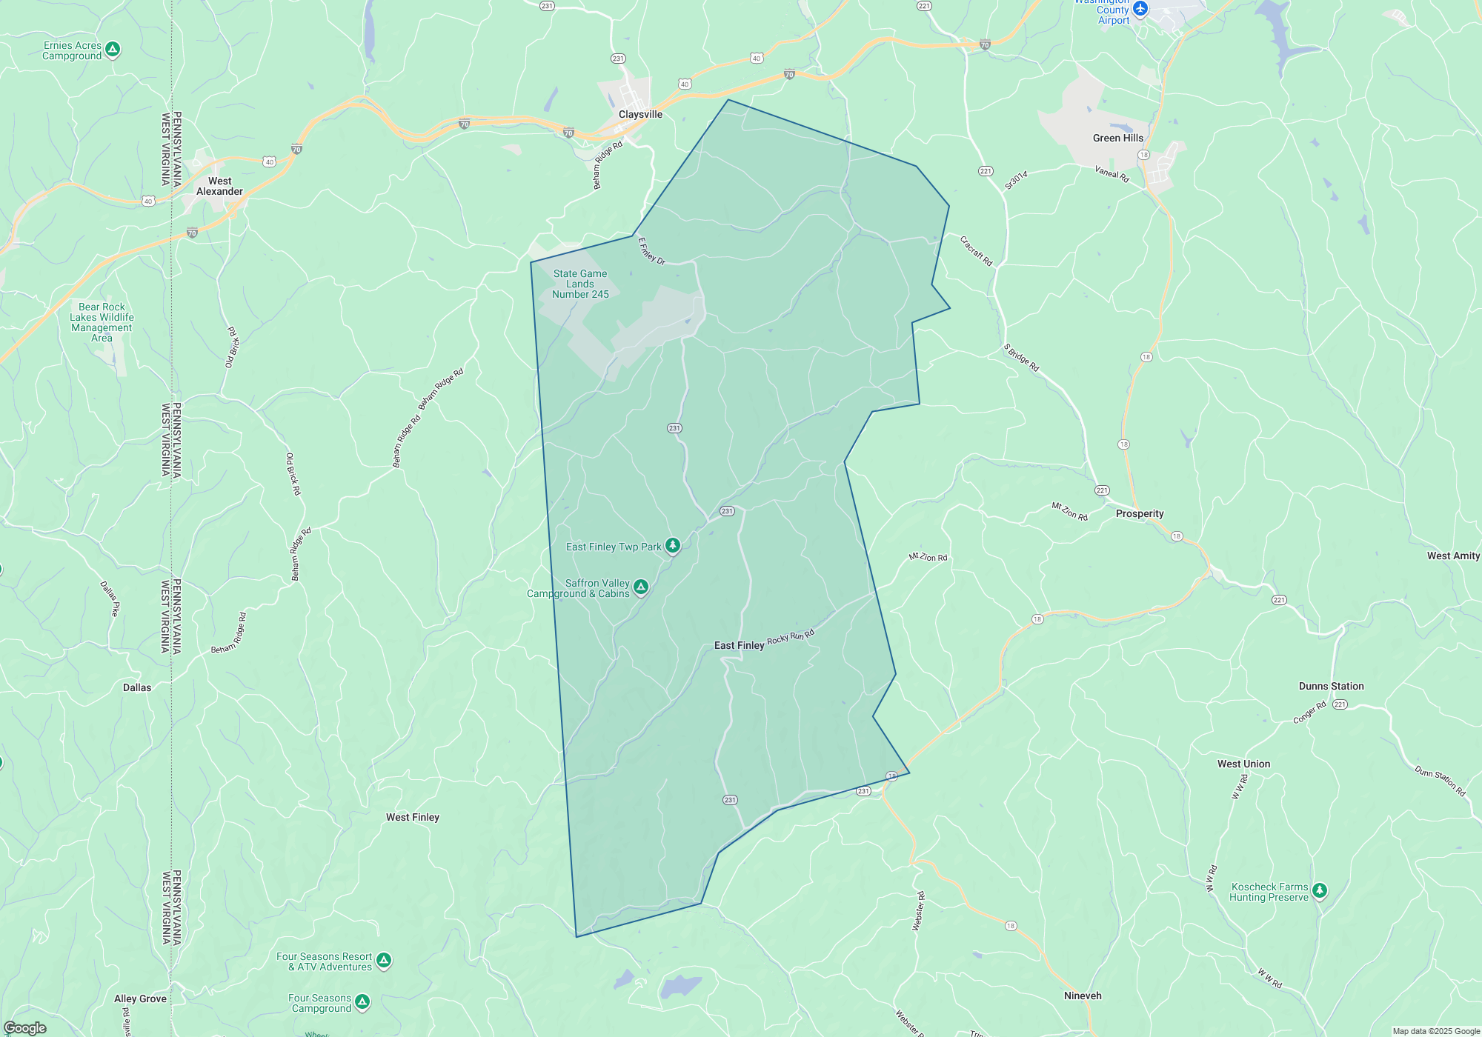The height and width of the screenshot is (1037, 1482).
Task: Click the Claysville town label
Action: click(x=640, y=115)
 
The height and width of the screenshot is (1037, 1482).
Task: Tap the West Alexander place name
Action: click(x=219, y=186)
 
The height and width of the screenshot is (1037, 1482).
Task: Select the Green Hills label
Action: click(x=1117, y=139)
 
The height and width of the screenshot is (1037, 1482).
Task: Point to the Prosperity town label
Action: click(x=1139, y=514)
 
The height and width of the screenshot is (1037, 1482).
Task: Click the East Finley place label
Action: click(x=739, y=646)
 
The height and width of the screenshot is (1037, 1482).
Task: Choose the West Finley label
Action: click(x=412, y=818)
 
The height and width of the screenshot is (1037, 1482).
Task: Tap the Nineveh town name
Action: click(x=1083, y=996)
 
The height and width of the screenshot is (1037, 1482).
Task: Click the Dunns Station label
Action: click(x=1331, y=687)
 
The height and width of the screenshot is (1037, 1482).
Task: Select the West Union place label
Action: click(x=1243, y=764)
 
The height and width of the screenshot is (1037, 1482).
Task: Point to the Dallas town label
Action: click(x=137, y=688)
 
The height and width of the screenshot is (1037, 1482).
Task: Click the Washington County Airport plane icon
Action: click(x=1140, y=9)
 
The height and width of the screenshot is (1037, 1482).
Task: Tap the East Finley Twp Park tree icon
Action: click(x=673, y=546)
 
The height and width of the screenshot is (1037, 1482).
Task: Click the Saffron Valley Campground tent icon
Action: click(x=641, y=587)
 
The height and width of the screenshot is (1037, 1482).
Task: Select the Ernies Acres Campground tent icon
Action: click(x=113, y=50)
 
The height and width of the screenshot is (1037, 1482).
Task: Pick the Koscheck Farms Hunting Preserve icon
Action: click(x=1320, y=890)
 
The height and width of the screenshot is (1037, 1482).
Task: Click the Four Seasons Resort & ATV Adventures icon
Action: click(x=383, y=961)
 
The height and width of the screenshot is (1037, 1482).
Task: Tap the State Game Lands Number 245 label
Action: click(x=580, y=284)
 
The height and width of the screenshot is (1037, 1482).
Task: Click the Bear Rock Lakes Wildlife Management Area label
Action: click(x=102, y=322)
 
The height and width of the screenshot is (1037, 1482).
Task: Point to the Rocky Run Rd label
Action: click(x=791, y=637)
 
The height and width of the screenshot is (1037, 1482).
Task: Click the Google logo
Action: click(x=25, y=1028)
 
